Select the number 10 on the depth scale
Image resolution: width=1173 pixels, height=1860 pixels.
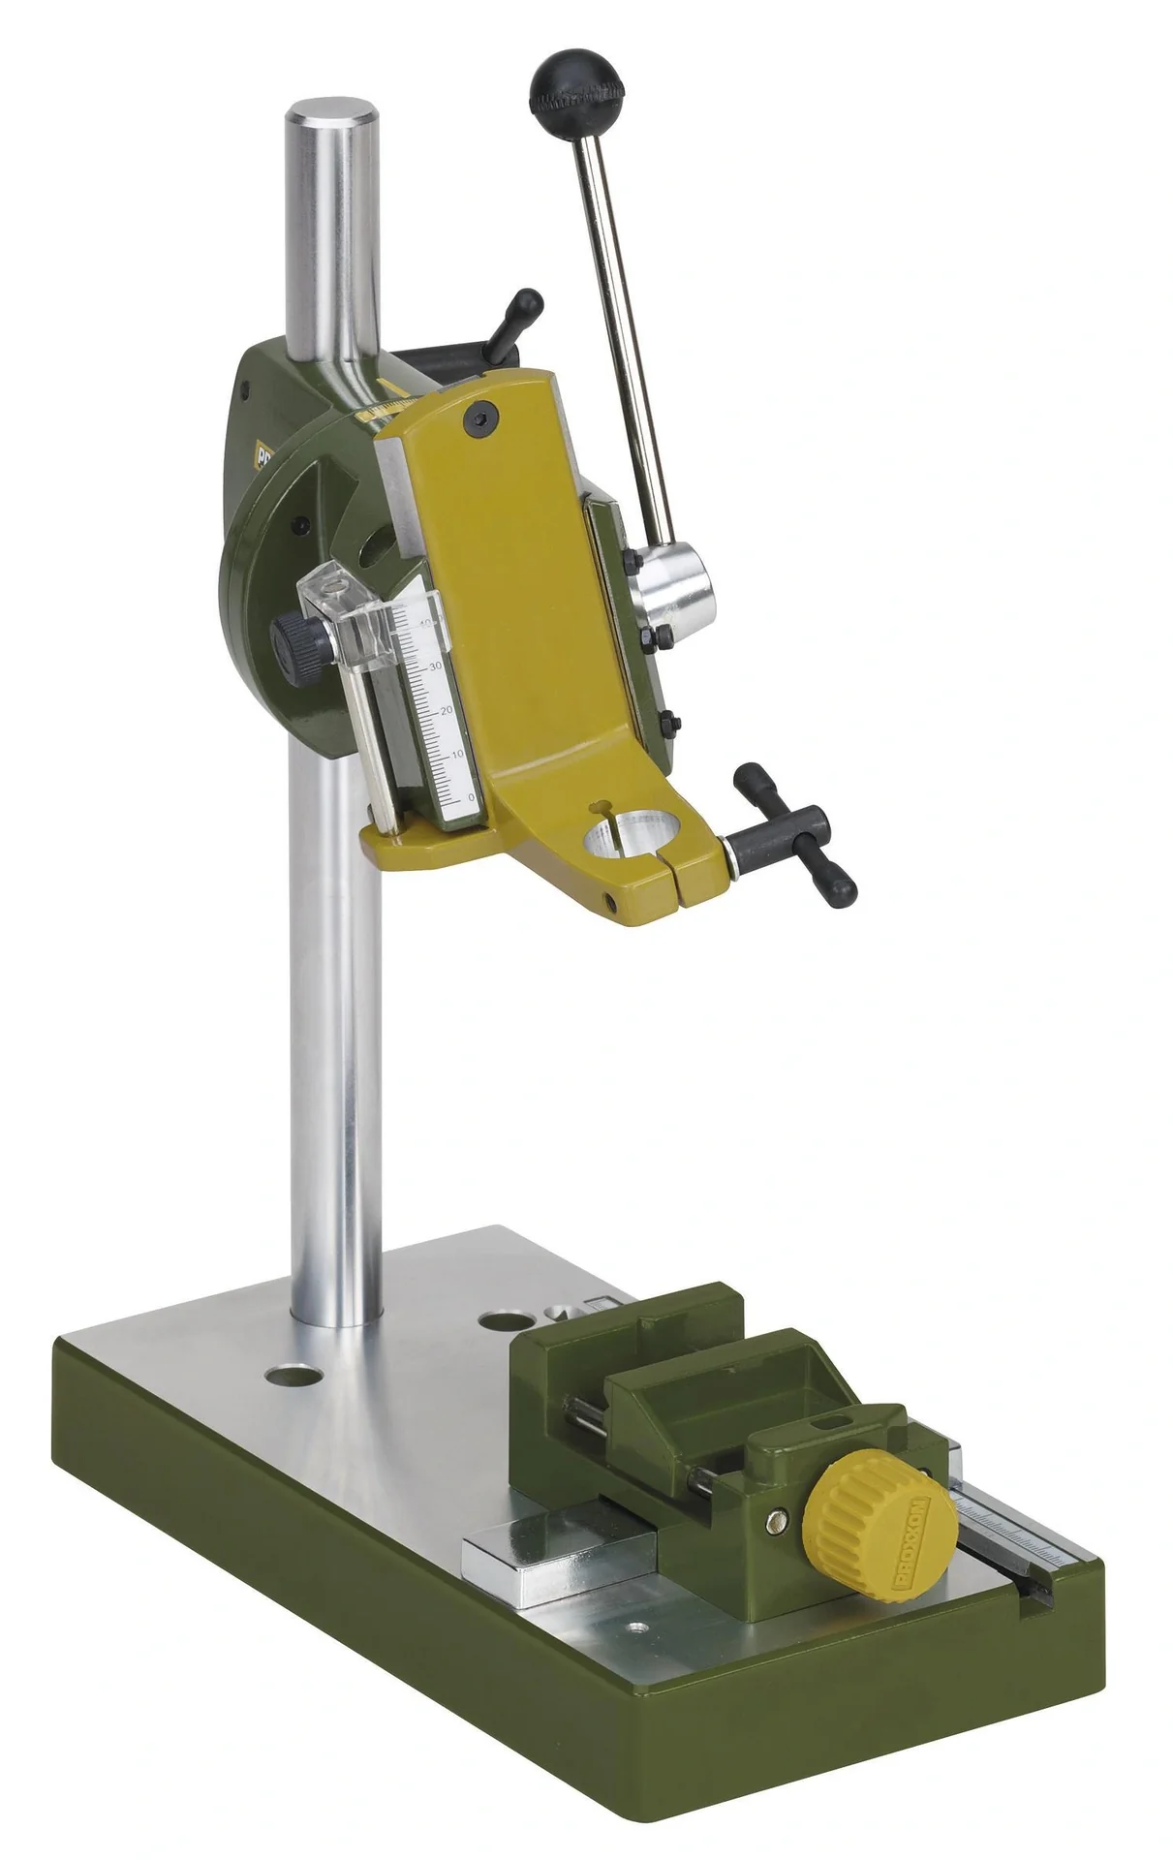(457, 754)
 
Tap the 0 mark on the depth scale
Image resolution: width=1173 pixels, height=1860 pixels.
(471, 796)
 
